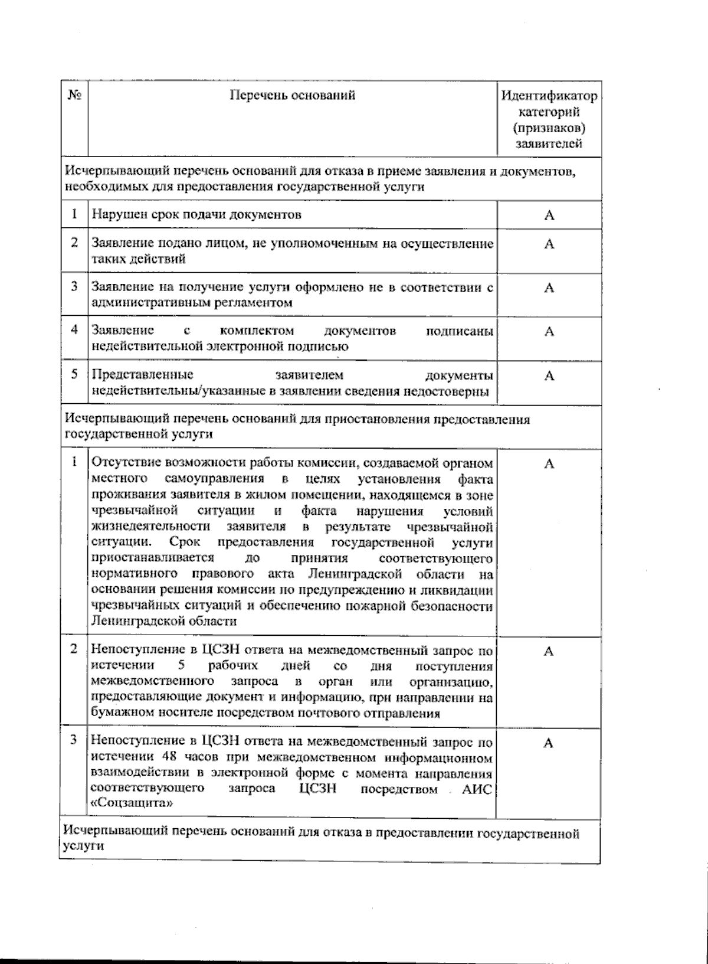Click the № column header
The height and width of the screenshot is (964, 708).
point(74,96)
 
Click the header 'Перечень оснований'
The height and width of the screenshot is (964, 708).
point(293,94)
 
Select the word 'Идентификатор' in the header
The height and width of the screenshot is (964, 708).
point(549,96)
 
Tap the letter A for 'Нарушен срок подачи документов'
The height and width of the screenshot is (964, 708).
point(549,215)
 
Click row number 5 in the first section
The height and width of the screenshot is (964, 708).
point(74,374)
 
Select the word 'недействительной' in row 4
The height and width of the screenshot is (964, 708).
point(146,347)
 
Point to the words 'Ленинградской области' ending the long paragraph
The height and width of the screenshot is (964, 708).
point(164,621)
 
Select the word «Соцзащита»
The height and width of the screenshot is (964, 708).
point(133,803)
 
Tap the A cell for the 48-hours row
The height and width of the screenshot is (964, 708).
point(549,743)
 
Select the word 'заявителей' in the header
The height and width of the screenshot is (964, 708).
point(549,143)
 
